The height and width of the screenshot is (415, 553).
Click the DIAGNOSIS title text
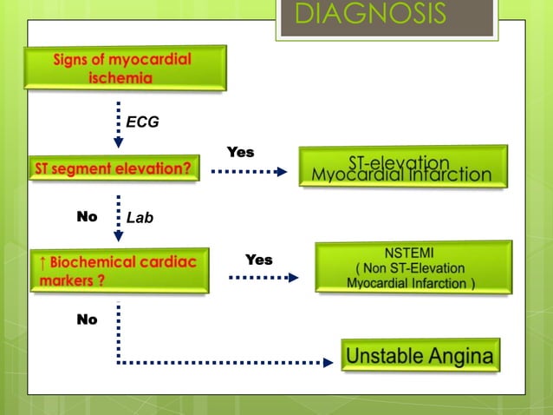tap(370, 15)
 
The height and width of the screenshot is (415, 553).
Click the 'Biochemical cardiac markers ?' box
tap(120, 271)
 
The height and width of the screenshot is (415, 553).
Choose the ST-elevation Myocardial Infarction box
tap(401, 168)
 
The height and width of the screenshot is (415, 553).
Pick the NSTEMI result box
tap(413, 267)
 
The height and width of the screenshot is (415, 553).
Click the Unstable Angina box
tap(420, 356)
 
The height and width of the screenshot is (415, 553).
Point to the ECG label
tap(143, 122)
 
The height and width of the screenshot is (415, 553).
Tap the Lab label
tap(140, 218)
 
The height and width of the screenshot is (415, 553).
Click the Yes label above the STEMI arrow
tap(240, 152)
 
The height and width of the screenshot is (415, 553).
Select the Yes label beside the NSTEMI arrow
tap(258, 260)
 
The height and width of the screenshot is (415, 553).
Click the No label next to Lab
tap(87, 217)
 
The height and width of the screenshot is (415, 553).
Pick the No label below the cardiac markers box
tap(87, 319)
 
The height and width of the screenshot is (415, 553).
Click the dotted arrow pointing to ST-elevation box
tap(249, 171)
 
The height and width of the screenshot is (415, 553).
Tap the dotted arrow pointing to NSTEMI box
tap(263, 278)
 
